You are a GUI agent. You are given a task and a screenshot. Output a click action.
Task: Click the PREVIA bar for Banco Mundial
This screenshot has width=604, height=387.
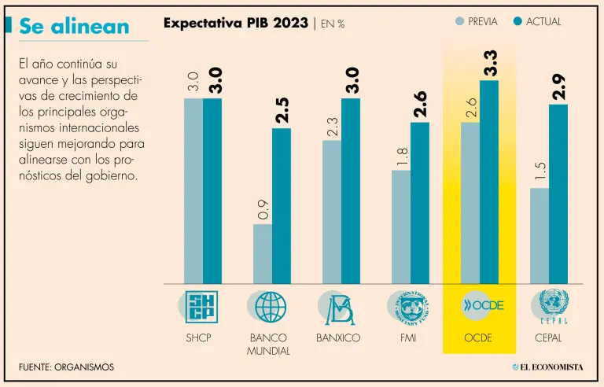[x=263, y=253]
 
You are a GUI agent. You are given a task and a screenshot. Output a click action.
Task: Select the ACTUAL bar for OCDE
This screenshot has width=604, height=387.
[x=489, y=181]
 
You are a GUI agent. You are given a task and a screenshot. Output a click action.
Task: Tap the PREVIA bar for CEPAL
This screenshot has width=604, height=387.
[x=540, y=235]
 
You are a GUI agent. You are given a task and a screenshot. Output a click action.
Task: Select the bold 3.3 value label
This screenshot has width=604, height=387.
[x=490, y=63]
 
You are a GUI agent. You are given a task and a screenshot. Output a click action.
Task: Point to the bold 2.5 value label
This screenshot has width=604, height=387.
[x=282, y=111]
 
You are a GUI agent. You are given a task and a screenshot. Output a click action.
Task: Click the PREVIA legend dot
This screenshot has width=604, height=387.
[x=460, y=22]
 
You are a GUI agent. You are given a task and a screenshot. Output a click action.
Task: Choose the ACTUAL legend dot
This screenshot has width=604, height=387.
[x=517, y=22]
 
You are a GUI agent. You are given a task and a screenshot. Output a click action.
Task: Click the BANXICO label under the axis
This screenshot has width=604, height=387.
[x=338, y=338]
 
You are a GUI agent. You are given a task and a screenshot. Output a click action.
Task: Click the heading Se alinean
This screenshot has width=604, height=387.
[x=74, y=26]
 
